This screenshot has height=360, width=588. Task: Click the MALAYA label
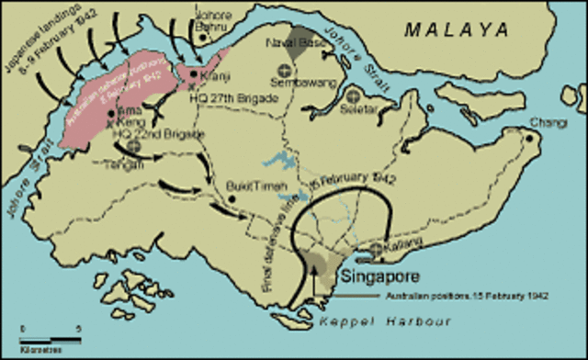458,30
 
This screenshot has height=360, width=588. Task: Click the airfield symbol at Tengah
134,145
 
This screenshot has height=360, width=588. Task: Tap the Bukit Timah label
250,186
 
